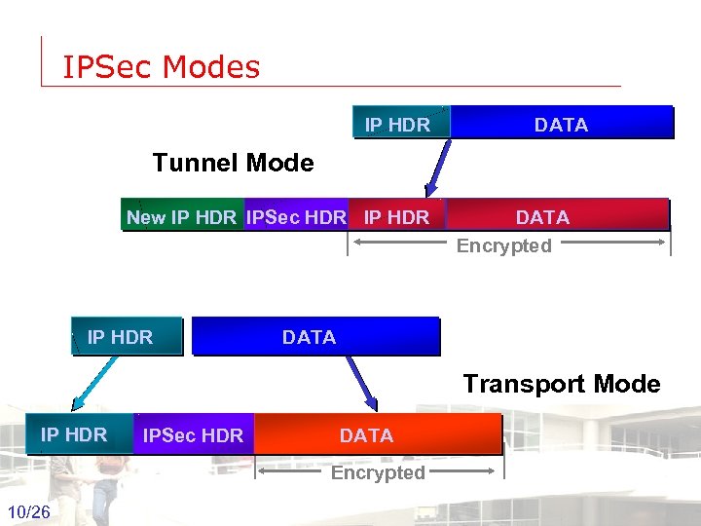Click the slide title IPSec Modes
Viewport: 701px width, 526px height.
point(162,67)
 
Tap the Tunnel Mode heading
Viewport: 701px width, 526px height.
point(233,163)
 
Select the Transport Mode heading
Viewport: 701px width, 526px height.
point(561,384)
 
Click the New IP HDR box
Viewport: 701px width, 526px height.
point(182,217)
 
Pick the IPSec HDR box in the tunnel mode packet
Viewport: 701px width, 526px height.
point(296,217)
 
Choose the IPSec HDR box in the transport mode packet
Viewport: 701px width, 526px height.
point(193,435)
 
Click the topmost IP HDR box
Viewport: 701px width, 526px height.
point(397,125)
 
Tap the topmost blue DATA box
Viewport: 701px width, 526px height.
point(562,125)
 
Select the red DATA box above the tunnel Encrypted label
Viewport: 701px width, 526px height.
point(557,216)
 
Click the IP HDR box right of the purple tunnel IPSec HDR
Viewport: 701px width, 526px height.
point(396,217)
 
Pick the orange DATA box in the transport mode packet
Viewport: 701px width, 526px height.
point(378,435)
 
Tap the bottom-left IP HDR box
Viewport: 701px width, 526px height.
point(74,434)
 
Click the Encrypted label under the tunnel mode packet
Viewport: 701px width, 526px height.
point(504,245)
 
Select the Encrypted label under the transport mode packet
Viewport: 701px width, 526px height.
point(378,472)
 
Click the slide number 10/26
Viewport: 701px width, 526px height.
point(28,512)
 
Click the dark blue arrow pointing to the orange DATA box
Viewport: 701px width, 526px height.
point(361,382)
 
